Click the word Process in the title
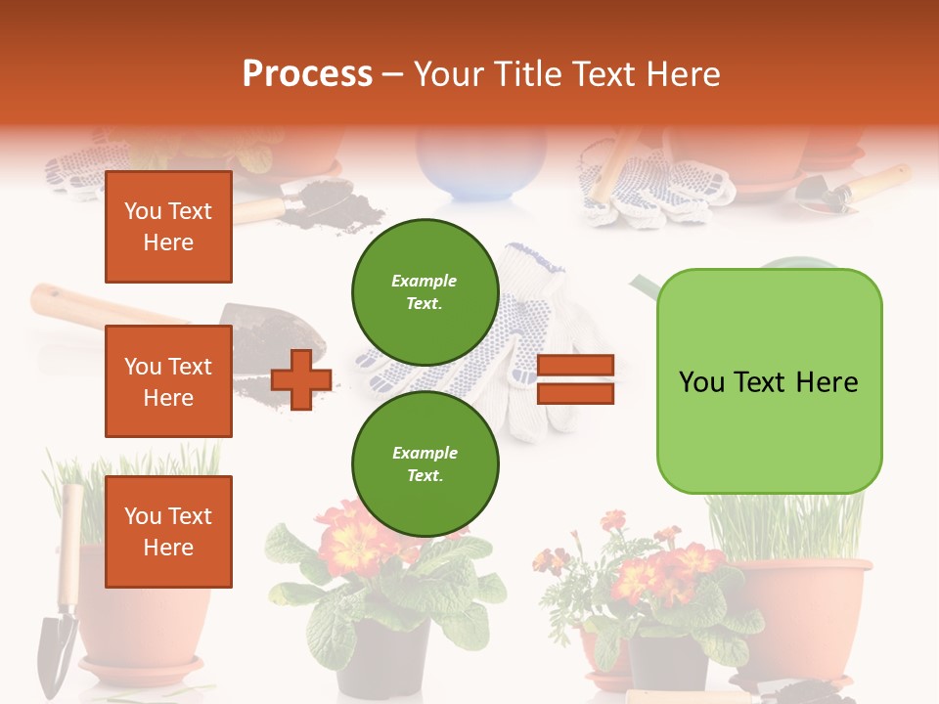click(307, 74)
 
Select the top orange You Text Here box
click(168, 227)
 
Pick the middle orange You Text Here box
click(168, 381)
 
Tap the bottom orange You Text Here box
click(168, 532)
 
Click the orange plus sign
click(301, 379)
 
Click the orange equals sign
click(575, 379)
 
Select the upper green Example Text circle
click(425, 292)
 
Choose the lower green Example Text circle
click(425, 464)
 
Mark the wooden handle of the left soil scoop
click(98, 305)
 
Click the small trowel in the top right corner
click(851, 191)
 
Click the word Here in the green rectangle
click(827, 382)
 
